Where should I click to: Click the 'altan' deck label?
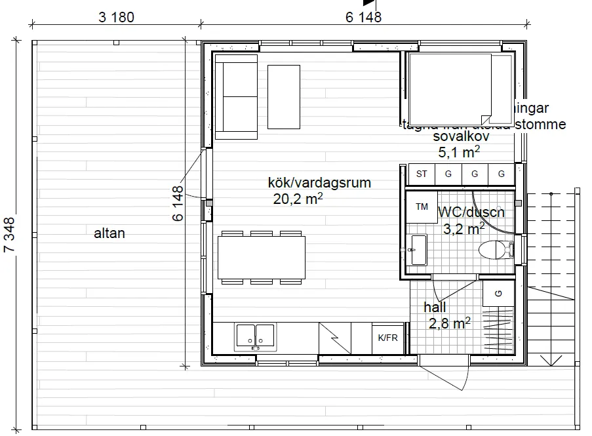coord(109,233)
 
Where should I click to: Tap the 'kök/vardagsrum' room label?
coord(319,183)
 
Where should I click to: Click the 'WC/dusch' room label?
coord(470,212)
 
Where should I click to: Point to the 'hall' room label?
coord(435,307)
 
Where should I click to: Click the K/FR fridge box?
coord(388,338)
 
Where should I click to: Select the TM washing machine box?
coord(420,207)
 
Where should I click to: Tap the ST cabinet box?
coord(422,174)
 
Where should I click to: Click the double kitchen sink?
coord(256,334)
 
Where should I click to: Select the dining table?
coord(262,258)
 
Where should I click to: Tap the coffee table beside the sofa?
coord(284,96)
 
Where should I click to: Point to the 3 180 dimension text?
coord(117,17)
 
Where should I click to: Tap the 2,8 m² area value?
coord(450,323)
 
